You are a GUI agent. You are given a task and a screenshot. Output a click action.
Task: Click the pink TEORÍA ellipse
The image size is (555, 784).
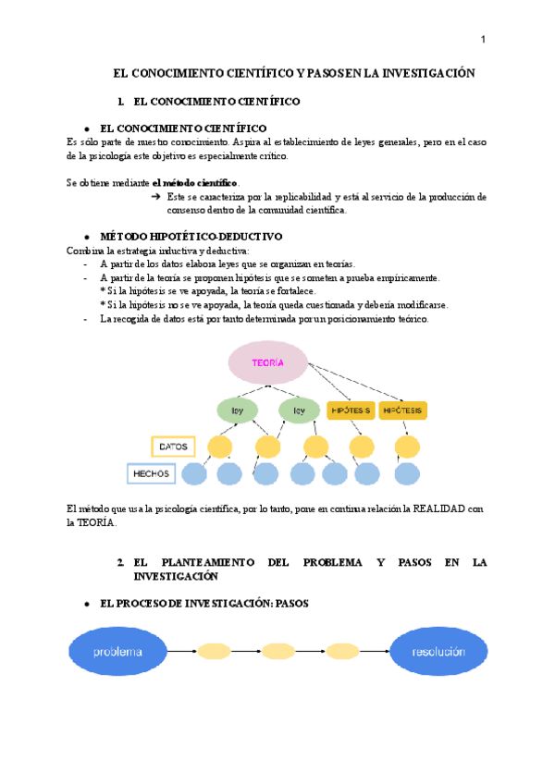tap(267, 362)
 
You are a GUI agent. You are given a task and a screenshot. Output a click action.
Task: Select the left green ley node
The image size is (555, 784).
tap(238, 410)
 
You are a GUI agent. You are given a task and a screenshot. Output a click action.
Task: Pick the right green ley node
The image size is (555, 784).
tap(299, 410)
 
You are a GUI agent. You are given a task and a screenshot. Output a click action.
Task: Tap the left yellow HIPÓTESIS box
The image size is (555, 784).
tap(350, 410)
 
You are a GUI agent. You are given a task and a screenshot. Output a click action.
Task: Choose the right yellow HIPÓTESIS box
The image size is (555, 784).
tap(403, 410)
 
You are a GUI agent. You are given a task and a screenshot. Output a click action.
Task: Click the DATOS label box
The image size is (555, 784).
tap(173, 447)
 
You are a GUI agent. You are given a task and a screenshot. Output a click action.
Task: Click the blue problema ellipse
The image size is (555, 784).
tap(117, 651)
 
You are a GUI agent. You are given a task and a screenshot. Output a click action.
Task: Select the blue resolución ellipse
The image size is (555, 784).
tap(438, 651)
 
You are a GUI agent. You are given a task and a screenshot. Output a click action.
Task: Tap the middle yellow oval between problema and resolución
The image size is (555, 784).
tap(277, 651)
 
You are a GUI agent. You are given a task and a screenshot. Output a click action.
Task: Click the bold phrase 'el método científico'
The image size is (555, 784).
tap(195, 183)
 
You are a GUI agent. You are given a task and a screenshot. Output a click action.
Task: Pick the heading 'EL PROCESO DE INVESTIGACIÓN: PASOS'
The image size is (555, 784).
tap(203, 603)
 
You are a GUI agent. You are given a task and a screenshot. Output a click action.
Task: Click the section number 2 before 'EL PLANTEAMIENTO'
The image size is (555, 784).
tap(120, 562)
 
